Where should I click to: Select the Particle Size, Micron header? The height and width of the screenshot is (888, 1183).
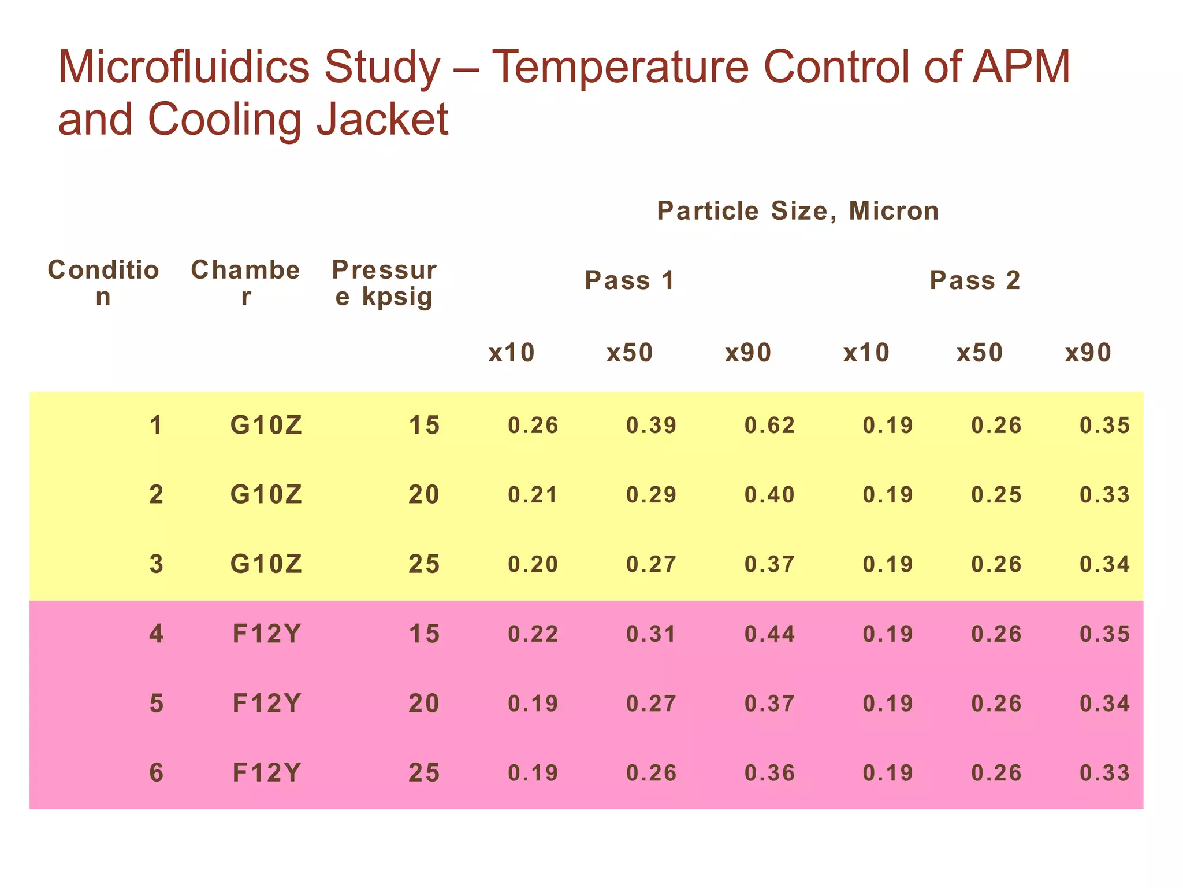[x=798, y=211]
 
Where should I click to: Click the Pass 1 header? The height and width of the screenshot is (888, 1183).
[x=630, y=280]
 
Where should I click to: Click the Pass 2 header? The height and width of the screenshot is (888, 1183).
[x=974, y=280]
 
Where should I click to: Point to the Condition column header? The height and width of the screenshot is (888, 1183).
[x=103, y=283]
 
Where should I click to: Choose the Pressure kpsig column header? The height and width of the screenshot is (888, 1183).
[x=384, y=283]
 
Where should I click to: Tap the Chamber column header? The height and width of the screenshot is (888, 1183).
[x=245, y=283]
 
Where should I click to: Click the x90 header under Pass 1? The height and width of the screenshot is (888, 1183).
[x=748, y=353]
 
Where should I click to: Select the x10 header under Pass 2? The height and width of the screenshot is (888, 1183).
[x=866, y=353]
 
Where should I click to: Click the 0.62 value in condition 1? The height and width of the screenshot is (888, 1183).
[x=769, y=425]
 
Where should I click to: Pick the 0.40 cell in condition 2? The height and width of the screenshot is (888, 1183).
[x=769, y=495]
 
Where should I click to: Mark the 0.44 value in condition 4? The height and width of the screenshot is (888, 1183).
[x=769, y=634]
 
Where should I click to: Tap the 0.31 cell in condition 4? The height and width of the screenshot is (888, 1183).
[x=651, y=634]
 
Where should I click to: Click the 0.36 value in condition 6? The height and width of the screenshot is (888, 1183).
[x=769, y=774]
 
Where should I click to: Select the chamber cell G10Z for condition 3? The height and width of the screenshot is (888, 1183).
[x=266, y=564]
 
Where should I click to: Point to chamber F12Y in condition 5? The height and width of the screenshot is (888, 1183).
[x=266, y=704]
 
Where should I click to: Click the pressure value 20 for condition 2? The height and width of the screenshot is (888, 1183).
[x=424, y=495]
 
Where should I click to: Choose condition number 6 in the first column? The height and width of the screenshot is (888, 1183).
[x=156, y=774]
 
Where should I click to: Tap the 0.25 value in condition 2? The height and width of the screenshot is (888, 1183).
[x=996, y=495]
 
